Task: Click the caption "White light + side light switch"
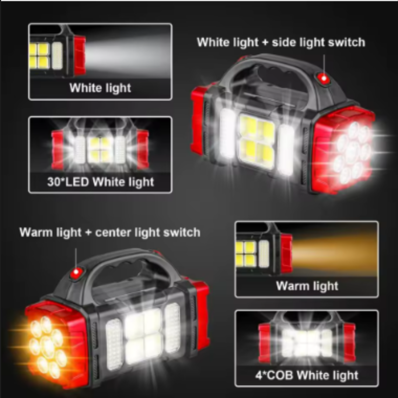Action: pos(281,42)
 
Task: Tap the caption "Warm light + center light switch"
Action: pos(110,232)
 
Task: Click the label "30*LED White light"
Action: pos(101,182)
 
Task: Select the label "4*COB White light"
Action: pos(307,375)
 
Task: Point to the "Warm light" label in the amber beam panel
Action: pos(307,286)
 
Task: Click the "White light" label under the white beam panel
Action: pos(100,88)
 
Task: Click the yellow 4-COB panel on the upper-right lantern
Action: pos(257,141)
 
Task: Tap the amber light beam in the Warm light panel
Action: pos(335,254)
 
